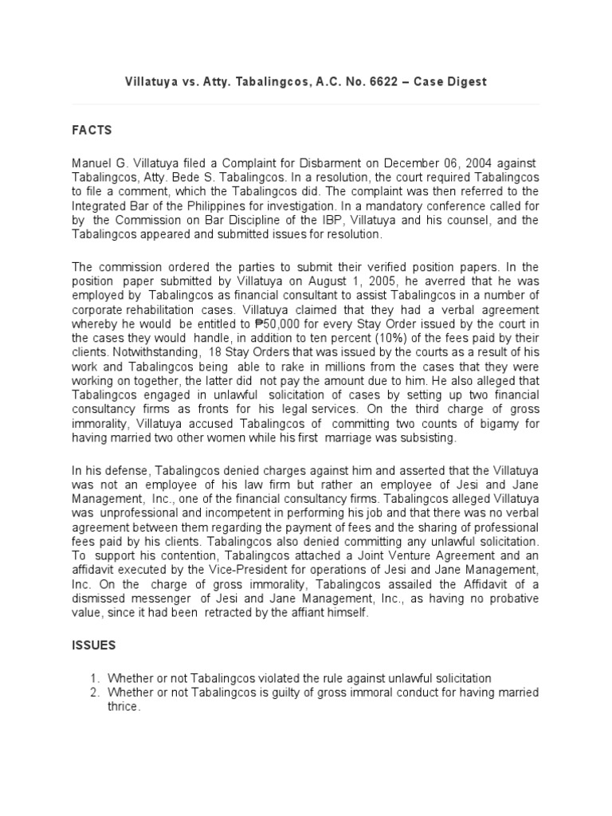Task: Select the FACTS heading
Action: coord(92,130)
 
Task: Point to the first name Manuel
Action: coord(92,163)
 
